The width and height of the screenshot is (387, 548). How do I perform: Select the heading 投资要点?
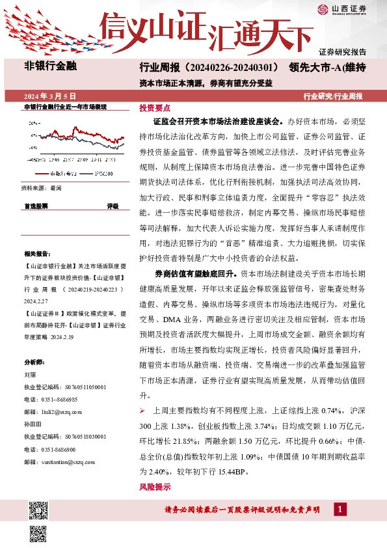click(155, 108)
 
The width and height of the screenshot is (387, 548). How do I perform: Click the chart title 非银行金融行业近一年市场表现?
click(65, 107)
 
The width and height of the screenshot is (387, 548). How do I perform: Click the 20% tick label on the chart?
click(33, 122)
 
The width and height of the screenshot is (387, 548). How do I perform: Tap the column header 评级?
click(113, 206)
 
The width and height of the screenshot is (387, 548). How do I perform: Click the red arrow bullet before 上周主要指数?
click(143, 411)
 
